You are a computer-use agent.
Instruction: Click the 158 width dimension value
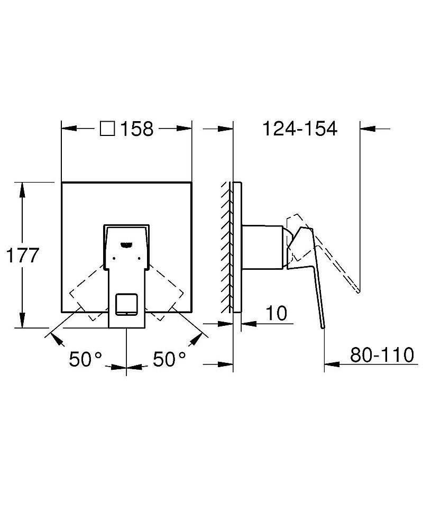(137, 129)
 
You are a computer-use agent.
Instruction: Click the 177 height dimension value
(22, 256)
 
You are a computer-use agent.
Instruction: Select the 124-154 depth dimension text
(300, 129)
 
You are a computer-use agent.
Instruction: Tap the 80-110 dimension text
(382, 355)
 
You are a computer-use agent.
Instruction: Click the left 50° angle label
(85, 360)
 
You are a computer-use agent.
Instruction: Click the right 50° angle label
(169, 360)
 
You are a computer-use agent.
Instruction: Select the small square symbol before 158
(108, 129)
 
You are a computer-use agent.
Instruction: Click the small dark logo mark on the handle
(126, 244)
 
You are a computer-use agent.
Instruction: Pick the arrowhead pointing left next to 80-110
(331, 364)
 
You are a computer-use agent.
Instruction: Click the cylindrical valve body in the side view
(262, 246)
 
